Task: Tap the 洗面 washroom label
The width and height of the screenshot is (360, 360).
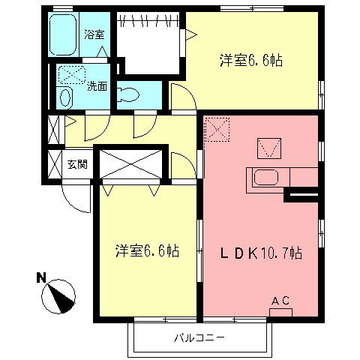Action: point(97,86)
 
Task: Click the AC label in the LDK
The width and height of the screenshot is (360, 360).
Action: point(280,301)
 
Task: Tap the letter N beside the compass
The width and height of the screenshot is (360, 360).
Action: point(42,278)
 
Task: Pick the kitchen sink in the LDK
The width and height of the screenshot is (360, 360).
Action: point(266,178)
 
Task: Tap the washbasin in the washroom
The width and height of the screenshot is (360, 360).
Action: point(65,97)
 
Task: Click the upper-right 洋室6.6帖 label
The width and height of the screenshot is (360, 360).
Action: point(244,59)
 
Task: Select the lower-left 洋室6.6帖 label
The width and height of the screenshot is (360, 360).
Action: point(147,250)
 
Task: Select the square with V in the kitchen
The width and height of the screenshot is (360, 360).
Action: point(267,146)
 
